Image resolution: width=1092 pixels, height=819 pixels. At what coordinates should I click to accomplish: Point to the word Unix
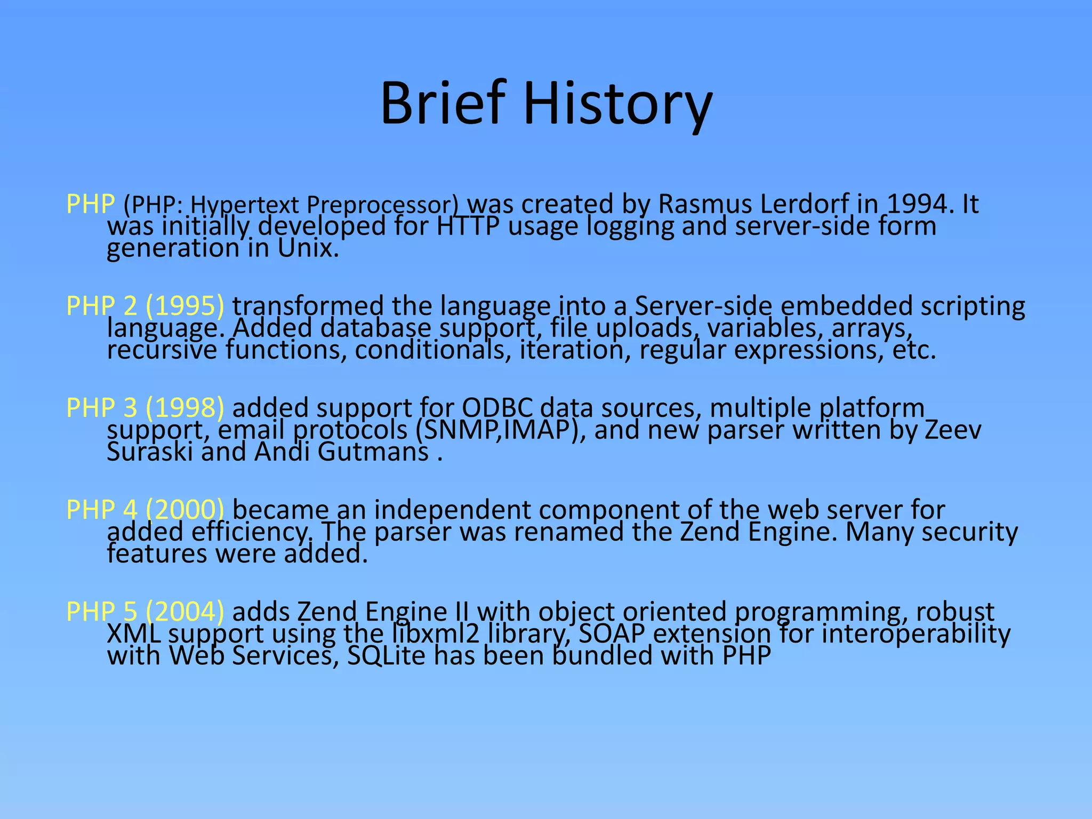coord(308,248)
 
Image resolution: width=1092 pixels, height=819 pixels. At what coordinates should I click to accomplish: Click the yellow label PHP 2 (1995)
coord(145,306)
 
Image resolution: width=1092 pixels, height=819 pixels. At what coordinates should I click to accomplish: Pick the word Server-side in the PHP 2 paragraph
coord(703,306)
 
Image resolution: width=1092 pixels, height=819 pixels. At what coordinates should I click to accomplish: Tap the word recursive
coord(162,350)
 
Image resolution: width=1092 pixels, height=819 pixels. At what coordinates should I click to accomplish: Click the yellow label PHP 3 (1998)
coord(145,408)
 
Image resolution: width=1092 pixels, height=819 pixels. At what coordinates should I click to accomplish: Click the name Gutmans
coord(373,452)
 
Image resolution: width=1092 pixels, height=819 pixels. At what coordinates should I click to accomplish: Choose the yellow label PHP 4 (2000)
coord(145,510)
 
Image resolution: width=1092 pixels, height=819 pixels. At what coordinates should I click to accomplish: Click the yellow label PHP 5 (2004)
coord(145,612)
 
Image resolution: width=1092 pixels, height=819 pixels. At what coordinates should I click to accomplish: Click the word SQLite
coord(386,656)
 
